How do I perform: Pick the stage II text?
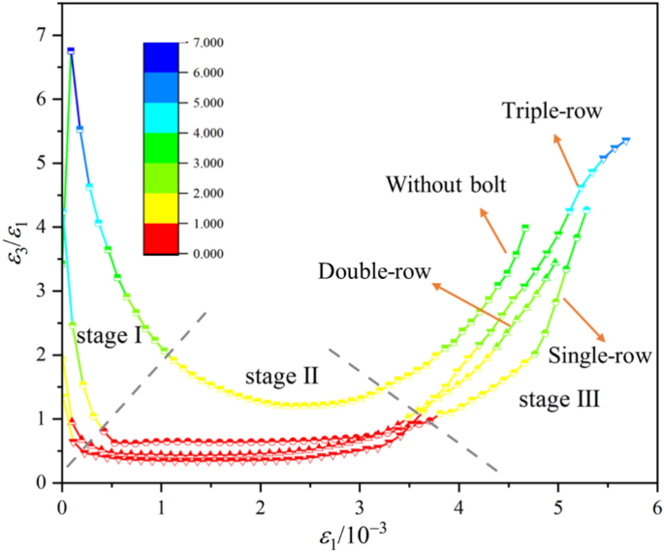(281, 374)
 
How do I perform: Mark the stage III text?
(558, 397)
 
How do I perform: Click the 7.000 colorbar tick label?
(208, 43)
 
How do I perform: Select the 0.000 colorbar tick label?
(208, 254)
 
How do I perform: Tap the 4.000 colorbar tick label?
(208, 133)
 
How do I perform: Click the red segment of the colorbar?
(159, 238)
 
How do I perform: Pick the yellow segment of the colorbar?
(159, 208)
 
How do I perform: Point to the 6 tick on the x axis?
(656, 505)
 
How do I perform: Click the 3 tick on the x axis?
(360, 505)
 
